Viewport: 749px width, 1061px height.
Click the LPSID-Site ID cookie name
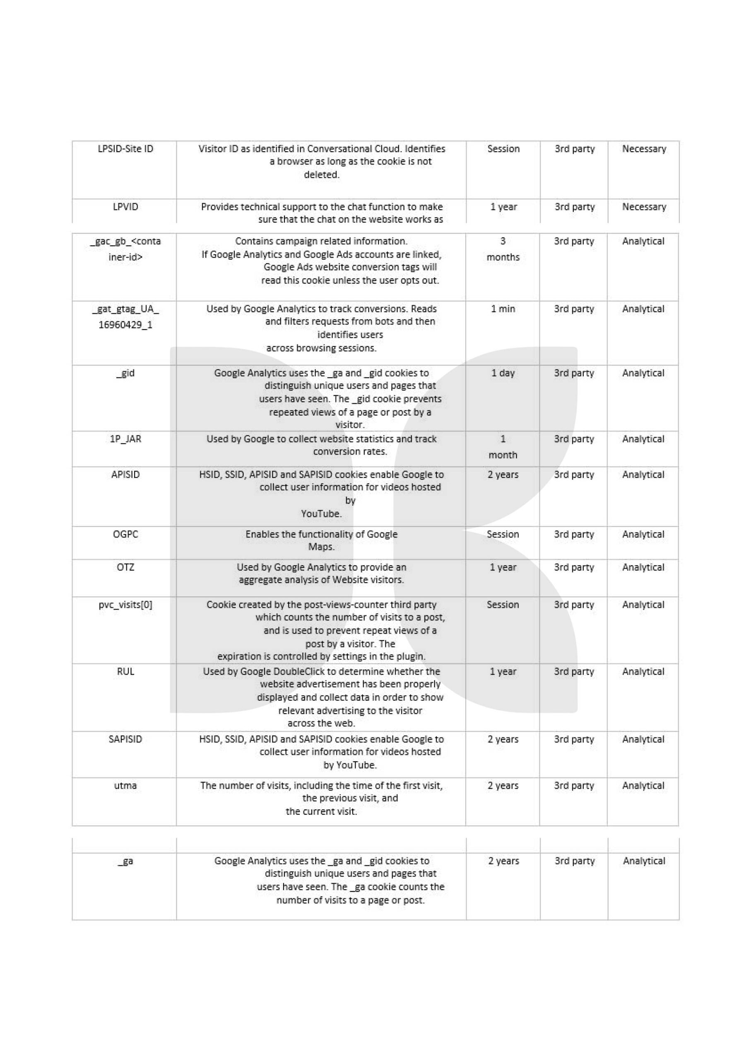125,149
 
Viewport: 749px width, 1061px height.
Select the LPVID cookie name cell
125,207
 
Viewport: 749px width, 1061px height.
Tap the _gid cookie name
125,373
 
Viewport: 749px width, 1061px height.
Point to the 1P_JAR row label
125,439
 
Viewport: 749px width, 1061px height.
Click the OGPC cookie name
125,534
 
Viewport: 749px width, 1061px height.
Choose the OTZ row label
125,567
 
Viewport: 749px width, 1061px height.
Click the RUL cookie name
125,671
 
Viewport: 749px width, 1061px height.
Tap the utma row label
125,785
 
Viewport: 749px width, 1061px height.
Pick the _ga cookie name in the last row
125,861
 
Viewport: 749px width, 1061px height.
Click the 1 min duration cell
503,309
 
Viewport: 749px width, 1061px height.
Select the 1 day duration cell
503,373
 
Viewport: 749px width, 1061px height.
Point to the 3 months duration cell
503,249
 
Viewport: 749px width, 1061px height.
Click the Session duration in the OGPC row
503,534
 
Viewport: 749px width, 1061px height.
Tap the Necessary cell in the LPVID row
644,207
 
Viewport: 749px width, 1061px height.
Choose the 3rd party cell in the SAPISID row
574,739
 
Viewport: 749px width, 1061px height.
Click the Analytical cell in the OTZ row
643,567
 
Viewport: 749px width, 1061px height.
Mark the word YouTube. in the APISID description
321,514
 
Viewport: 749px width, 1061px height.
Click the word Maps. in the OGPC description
321,547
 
